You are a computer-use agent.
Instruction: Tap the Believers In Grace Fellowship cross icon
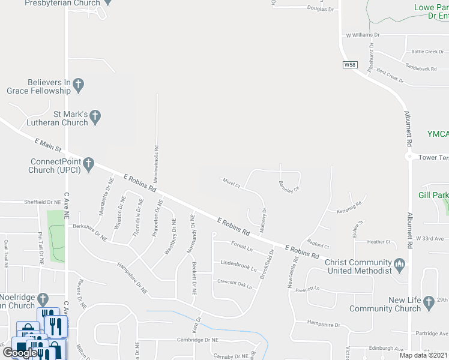pos(79,84)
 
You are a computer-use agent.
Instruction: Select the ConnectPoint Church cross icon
pos(88,163)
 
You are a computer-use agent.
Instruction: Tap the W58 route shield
pos(349,64)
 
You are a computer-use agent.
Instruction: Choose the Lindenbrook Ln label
pos(238,265)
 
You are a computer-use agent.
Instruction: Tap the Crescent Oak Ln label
pos(235,283)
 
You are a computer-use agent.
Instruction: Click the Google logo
pos(19,352)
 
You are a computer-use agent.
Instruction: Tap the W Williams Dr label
pos(363,36)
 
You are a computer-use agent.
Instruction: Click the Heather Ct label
pos(379,242)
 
